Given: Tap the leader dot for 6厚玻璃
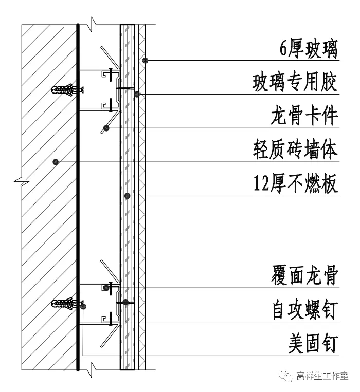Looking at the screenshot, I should coord(146,61).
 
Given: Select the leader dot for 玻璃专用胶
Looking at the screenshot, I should coord(137,94).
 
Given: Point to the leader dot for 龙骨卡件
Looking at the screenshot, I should coord(106,127).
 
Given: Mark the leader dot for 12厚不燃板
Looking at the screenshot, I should coord(128,196).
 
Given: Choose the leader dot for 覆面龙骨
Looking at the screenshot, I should coord(106,288).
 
